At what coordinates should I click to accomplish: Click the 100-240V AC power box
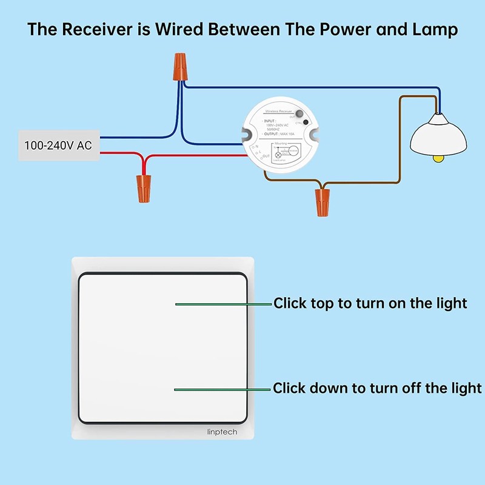click(x=59, y=145)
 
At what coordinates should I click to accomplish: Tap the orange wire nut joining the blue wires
click(x=179, y=65)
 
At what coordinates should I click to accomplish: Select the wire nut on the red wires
click(x=143, y=187)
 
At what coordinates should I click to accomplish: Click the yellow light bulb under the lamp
click(x=438, y=158)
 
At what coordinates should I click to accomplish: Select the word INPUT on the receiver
click(x=270, y=121)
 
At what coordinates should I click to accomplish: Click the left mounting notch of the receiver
click(x=249, y=136)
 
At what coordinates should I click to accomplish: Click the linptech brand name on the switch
click(x=221, y=432)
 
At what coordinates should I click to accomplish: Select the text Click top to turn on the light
click(x=370, y=303)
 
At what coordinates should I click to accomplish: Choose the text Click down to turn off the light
click(x=377, y=388)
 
